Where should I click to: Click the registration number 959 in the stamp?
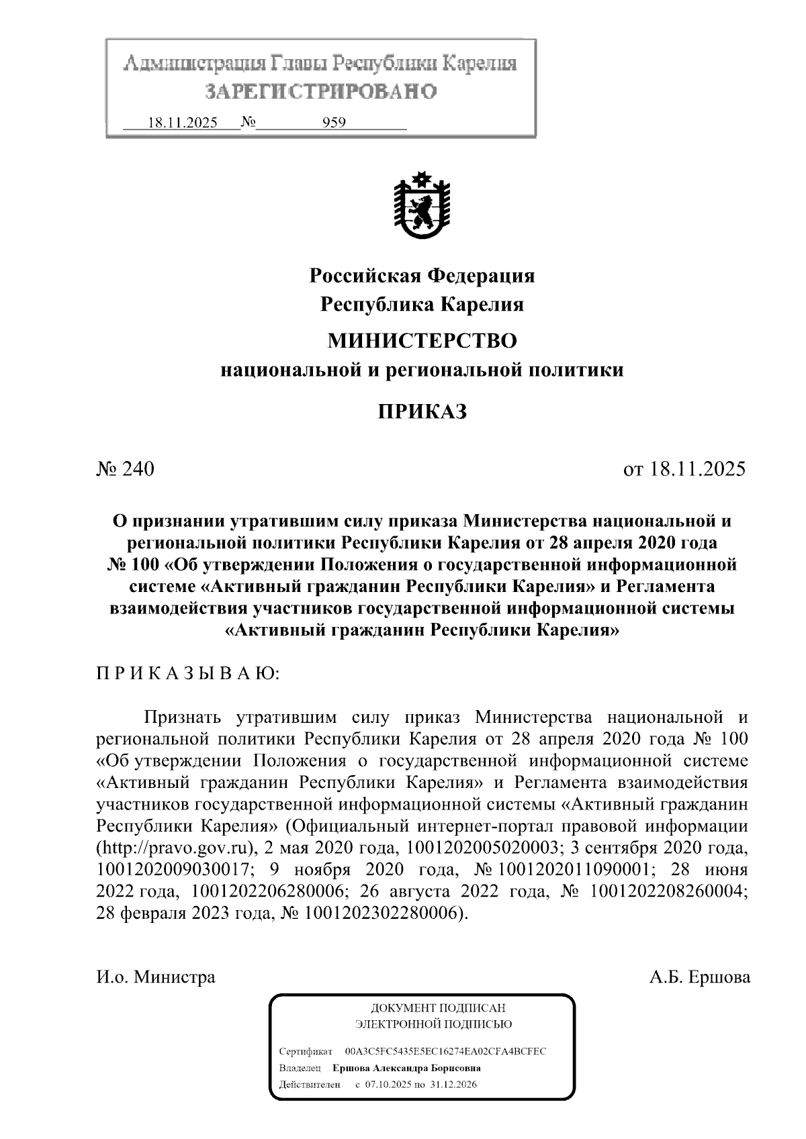tap(334, 123)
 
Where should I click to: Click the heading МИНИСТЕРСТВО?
tap(422, 341)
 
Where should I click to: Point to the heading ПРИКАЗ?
tap(422, 411)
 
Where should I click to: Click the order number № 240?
tap(126, 468)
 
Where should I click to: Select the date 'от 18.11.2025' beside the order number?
tap(684, 468)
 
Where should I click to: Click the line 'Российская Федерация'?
tap(422, 276)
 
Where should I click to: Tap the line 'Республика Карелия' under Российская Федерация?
tap(422, 305)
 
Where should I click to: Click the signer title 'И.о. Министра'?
tap(156, 977)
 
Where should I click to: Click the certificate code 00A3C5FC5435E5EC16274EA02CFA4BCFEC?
tap(445, 1051)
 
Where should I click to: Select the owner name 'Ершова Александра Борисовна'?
tap(407, 1068)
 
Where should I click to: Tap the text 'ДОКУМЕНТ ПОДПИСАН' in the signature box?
tap(438, 1008)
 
